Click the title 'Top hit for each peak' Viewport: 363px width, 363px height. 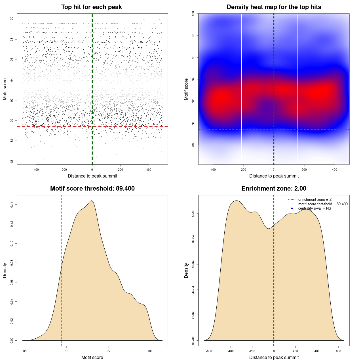(91, 7)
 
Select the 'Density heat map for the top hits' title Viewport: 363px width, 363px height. (274, 7)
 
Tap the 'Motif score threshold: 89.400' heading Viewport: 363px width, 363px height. (92, 189)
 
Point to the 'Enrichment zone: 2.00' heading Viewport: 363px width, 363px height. (274, 189)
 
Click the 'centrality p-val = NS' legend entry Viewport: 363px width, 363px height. (315, 208)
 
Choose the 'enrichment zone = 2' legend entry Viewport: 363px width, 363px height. (315, 200)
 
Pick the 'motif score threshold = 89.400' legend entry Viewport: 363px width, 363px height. (323, 204)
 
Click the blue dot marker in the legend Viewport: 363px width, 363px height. (292, 208)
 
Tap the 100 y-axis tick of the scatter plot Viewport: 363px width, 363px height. (12, 19)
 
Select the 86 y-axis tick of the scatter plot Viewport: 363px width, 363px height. (12, 161)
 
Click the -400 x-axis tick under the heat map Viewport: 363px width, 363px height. (213, 170)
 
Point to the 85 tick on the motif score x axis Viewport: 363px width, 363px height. (25, 351)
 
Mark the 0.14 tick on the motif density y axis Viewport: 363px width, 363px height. (12, 204)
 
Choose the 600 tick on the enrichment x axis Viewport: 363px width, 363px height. (339, 351)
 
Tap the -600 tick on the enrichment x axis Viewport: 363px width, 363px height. (209, 351)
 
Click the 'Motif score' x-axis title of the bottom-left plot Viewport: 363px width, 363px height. (92, 358)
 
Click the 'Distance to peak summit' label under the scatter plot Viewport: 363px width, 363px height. (92, 176)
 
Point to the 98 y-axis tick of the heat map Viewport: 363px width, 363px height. (193, 35)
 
